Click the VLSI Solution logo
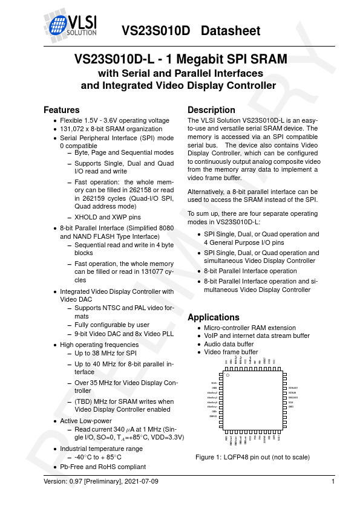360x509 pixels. tap(71, 24)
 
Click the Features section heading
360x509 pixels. tap(61, 110)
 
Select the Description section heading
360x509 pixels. tap(211, 110)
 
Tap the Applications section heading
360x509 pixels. tap(214, 317)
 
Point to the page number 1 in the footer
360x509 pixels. tap(333, 481)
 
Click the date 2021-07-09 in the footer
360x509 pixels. tap(140, 481)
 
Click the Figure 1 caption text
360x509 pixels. tap(252, 457)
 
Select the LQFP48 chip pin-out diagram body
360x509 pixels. tap(253, 403)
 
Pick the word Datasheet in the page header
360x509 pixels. tap(231, 30)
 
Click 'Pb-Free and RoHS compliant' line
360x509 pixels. tap(103, 467)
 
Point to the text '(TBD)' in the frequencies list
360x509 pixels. tap(83, 401)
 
